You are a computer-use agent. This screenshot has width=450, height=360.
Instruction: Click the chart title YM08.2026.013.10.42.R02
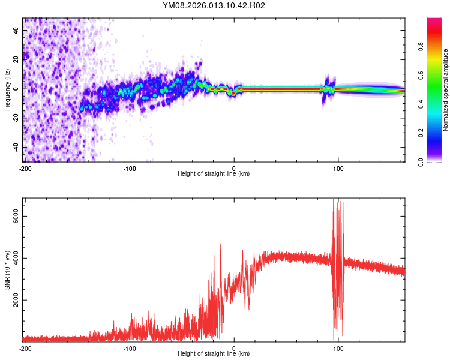pos(214,6)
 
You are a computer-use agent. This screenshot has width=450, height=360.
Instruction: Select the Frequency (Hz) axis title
pos(7,90)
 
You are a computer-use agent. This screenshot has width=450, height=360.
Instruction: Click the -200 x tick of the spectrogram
pos(25,168)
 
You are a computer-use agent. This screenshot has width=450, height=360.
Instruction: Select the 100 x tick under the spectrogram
pos(338,168)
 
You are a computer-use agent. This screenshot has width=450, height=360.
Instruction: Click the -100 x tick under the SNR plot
pos(130,348)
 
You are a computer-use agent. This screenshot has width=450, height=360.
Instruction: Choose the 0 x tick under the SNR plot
pos(234,348)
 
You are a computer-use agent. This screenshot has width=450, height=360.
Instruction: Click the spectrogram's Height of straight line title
pos(214,174)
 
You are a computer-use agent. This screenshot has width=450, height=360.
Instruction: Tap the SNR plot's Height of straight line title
pos(214,354)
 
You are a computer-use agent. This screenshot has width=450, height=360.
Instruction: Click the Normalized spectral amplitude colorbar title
pos(446,90)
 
